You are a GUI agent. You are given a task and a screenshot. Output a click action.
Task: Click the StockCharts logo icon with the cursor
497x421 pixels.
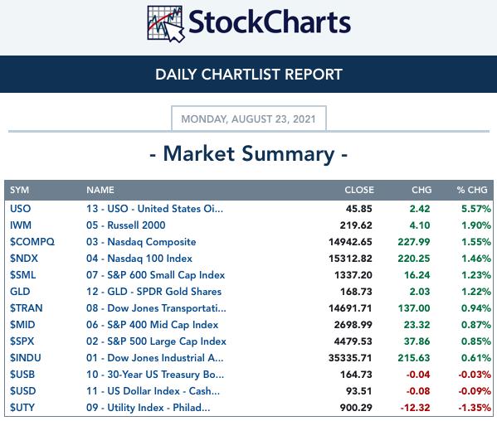166,24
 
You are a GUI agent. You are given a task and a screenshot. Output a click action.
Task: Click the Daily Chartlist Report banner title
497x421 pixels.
249,75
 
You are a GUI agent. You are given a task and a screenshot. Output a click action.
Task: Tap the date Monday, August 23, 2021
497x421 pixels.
249,119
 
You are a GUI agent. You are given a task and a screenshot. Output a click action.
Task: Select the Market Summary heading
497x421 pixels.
249,154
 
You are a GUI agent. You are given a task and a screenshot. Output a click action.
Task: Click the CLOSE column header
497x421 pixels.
359,190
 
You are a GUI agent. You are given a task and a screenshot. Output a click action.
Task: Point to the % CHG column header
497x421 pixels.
472,190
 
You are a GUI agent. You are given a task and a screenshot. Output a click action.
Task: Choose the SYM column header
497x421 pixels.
19,190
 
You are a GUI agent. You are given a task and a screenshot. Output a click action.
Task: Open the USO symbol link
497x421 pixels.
20,209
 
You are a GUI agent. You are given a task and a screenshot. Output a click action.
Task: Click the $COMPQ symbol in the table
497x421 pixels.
32,242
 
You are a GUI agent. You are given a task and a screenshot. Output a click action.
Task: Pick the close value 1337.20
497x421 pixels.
353,275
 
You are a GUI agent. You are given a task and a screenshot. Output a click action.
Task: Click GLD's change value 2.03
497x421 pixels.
420,292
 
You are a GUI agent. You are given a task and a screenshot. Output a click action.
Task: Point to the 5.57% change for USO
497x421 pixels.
476,209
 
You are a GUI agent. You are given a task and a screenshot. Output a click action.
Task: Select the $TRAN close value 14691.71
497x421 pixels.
350,308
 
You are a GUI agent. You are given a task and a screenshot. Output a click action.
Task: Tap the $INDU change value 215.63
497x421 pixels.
414,358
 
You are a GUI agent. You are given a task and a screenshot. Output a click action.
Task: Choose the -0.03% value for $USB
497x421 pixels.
475,375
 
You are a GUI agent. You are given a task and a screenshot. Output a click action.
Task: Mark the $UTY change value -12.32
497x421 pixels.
415,408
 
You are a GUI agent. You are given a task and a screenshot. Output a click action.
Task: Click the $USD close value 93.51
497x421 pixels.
358,391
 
